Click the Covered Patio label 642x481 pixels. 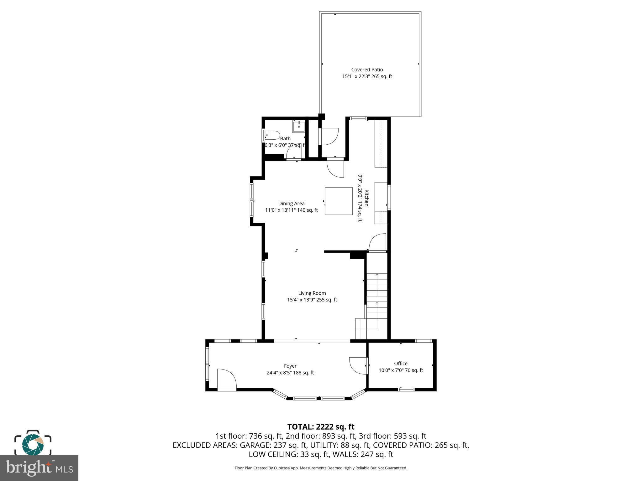(367, 70)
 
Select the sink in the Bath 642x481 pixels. (299, 127)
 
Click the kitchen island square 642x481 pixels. (339, 201)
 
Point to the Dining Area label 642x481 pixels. (291, 204)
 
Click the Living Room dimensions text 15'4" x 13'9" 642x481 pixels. (312, 300)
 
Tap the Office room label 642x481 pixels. (401, 363)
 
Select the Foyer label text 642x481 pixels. (290, 366)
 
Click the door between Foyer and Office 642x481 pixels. (358, 365)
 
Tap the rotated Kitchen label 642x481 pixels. (366, 198)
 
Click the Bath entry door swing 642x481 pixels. (294, 153)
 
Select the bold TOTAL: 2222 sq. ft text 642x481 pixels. (321, 427)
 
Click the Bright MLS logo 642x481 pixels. (39, 468)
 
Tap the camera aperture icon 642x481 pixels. (33, 444)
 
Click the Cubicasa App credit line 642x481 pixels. (321, 468)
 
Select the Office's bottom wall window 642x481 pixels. (406, 389)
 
